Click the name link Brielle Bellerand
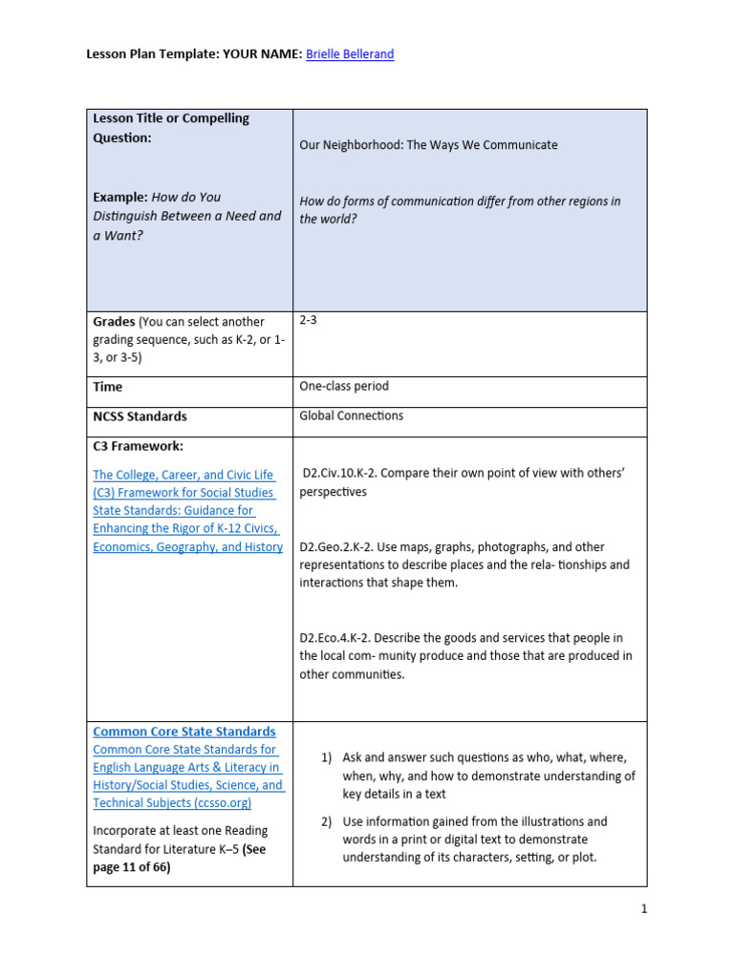point(350,54)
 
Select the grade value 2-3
point(308,321)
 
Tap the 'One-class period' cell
point(343,387)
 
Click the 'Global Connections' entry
point(351,416)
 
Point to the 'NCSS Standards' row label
point(140,416)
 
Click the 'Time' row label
point(107,387)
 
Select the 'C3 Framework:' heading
point(138,446)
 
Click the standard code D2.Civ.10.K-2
point(347,474)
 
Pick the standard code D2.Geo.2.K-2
point(343,547)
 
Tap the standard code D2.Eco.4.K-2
point(343,637)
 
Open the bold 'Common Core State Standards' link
point(183,732)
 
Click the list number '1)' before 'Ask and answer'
point(326,757)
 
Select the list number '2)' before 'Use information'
point(326,821)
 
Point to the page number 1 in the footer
point(644,909)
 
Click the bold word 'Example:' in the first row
point(119,197)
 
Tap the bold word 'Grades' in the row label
point(114,322)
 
